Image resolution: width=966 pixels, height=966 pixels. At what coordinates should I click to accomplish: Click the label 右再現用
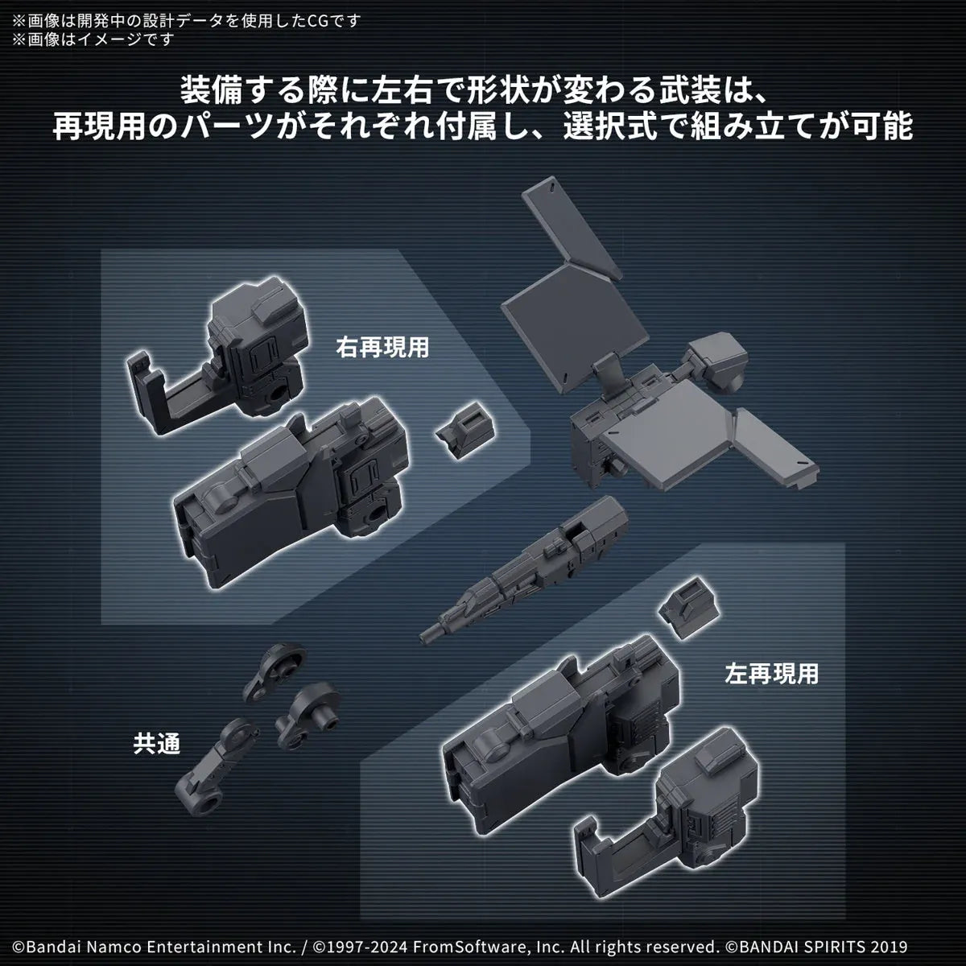(x=382, y=347)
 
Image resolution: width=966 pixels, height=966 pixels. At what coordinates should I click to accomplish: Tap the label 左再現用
(x=770, y=673)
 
